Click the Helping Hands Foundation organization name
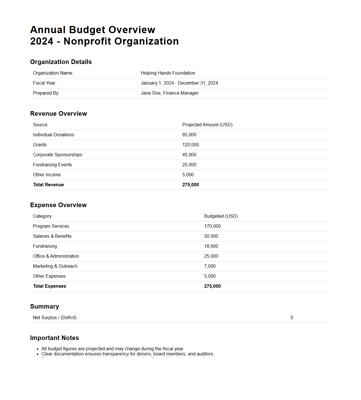(168, 73)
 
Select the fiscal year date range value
(179, 83)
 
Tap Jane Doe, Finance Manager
(169, 93)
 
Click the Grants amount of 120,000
(190, 145)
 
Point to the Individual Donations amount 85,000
(189, 135)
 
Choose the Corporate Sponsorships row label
(57, 155)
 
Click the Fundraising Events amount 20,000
(189, 165)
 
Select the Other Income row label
(47, 175)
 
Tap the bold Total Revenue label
(48, 185)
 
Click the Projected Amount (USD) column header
(207, 125)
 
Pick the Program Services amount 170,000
(212, 226)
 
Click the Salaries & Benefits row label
(52, 236)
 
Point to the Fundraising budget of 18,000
(211, 246)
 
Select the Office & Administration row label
(56, 256)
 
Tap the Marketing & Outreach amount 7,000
(210, 266)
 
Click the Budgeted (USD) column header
(221, 216)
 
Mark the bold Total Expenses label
(49, 286)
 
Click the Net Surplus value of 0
(292, 318)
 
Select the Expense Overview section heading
(58, 205)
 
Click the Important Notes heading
(54, 338)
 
